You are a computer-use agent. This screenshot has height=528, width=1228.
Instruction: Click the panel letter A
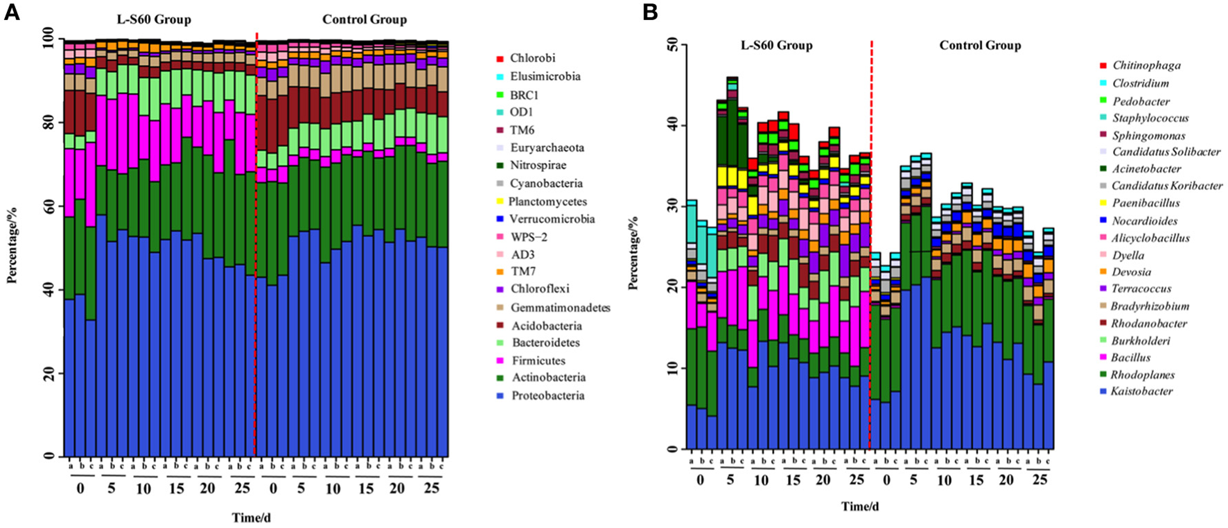(x=12, y=13)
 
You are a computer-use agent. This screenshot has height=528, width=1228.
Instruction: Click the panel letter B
(x=650, y=13)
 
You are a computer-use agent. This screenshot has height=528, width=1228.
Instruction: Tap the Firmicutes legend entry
(x=538, y=360)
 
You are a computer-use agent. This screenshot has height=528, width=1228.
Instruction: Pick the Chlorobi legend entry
(x=532, y=58)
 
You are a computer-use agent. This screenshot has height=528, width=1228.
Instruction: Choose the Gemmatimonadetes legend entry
(x=560, y=308)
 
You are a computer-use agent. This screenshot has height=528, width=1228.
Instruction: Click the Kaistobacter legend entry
(x=1141, y=391)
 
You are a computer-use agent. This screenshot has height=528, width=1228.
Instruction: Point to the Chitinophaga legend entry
(x=1146, y=66)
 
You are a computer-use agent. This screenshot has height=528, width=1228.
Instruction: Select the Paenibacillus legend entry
(x=1146, y=203)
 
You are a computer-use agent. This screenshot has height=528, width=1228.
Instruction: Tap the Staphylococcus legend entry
(x=1150, y=118)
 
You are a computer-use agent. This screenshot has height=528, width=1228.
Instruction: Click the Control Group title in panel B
(x=980, y=46)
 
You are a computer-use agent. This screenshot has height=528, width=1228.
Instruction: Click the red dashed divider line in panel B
(x=871, y=243)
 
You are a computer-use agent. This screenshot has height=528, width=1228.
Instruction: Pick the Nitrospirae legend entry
(x=538, y=166)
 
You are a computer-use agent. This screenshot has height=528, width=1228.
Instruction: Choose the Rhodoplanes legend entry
(x=1143, y=375)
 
